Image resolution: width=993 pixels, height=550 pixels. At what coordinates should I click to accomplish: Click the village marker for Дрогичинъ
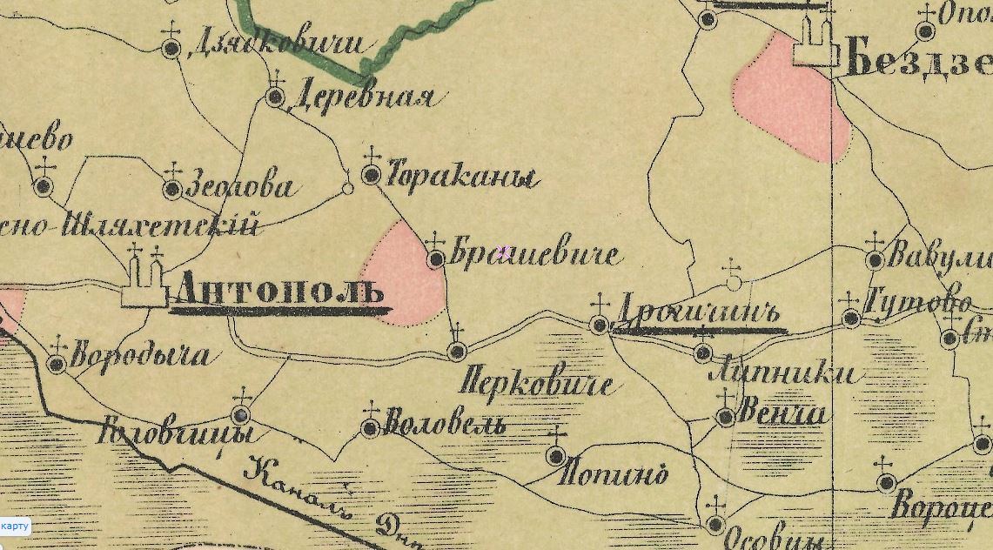pyautogui.click(x=600, y=325)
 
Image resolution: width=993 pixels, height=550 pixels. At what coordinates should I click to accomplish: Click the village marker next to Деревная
pyautogui.click(x=276, y=97)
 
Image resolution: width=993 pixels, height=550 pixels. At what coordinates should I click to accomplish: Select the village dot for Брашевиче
pyautogui.click(x=436, y=258)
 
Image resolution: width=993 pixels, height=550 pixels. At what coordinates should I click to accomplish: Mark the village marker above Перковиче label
pyautogui.click(x=457, y=351)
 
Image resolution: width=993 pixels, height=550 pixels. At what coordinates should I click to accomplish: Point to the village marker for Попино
pyautogui.click(x=556, y=455)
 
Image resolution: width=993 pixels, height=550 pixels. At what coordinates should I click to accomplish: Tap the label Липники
pyautogui.click(x=784, y=373)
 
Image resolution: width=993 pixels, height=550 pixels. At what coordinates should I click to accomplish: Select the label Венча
pyautogui.click(x=781, y=412)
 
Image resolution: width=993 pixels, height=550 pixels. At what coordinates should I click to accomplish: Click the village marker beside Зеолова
pyautogui.click(x=172, y=189)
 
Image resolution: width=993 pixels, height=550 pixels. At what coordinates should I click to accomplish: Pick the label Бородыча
pyautogui.click(x=139, y=356)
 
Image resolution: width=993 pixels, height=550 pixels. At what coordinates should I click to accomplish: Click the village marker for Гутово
pyautogui.click(x=851, y=319)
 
